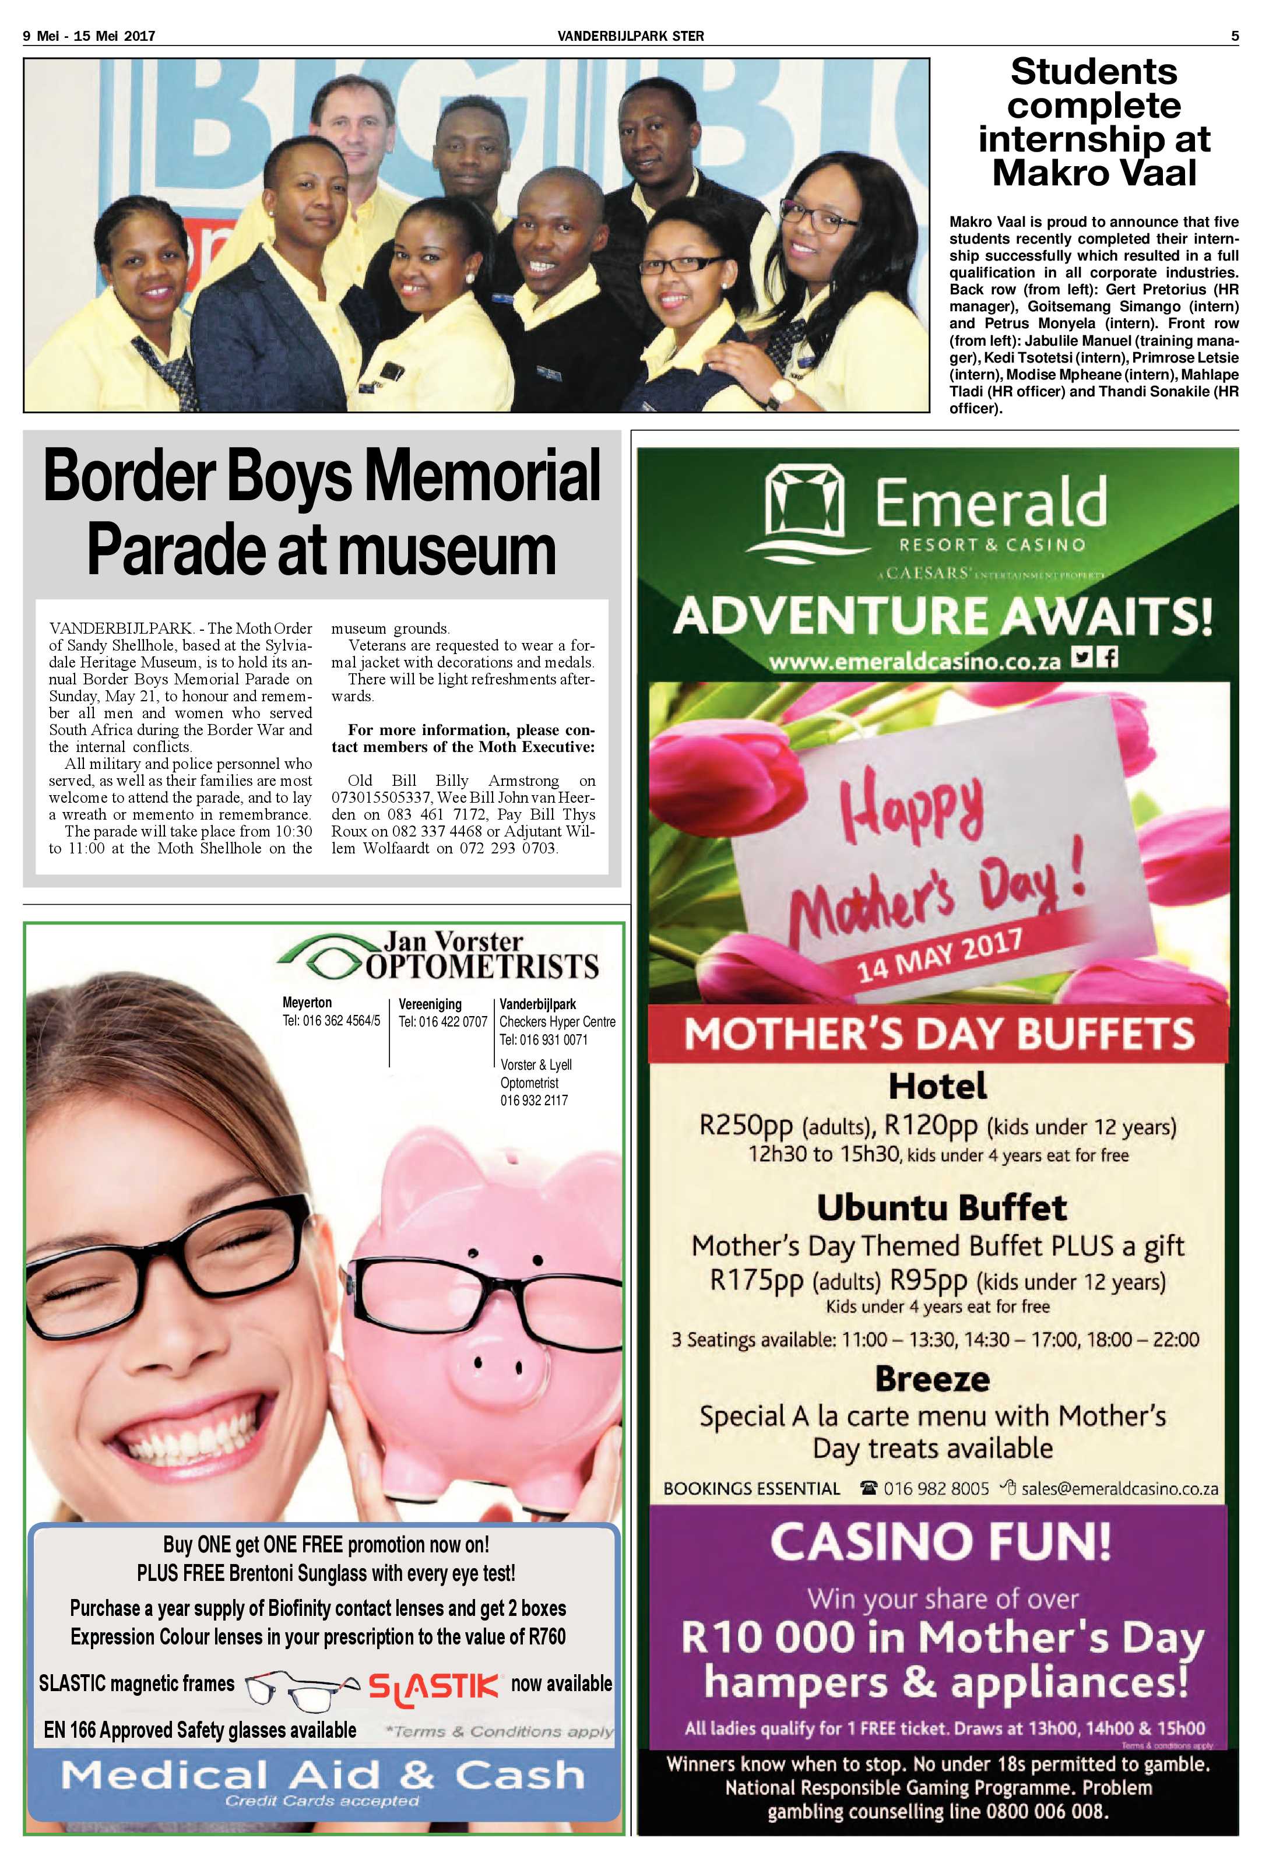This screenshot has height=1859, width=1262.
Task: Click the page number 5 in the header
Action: point(1234,35)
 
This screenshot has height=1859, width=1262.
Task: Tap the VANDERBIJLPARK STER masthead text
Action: point(630,35)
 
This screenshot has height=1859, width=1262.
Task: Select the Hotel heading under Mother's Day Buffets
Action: point(937,1085)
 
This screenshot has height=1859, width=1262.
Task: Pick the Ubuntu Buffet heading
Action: point(941,1207)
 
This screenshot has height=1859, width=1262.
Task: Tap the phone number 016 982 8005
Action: point(936,1489)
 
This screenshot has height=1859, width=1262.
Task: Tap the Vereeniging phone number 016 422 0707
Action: point(442,1021)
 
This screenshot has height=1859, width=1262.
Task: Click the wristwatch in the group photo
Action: point(781,391)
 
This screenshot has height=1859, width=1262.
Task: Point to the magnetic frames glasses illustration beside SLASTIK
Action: point(300,1689)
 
